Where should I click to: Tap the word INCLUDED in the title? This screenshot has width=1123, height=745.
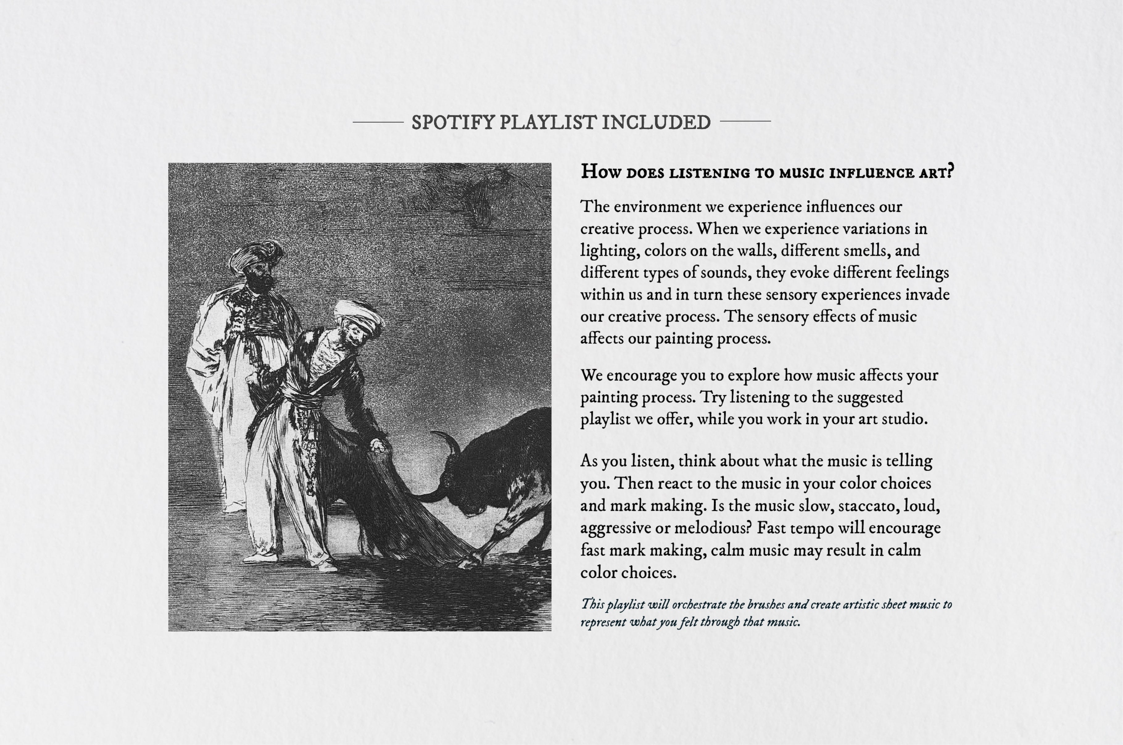[x=656, y=123]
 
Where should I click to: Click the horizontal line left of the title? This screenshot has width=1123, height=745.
[x=378, y=122]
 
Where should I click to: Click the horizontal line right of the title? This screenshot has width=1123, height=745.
[x=745, y=121]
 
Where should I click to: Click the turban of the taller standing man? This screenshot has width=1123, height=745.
[x=256, y=254]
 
